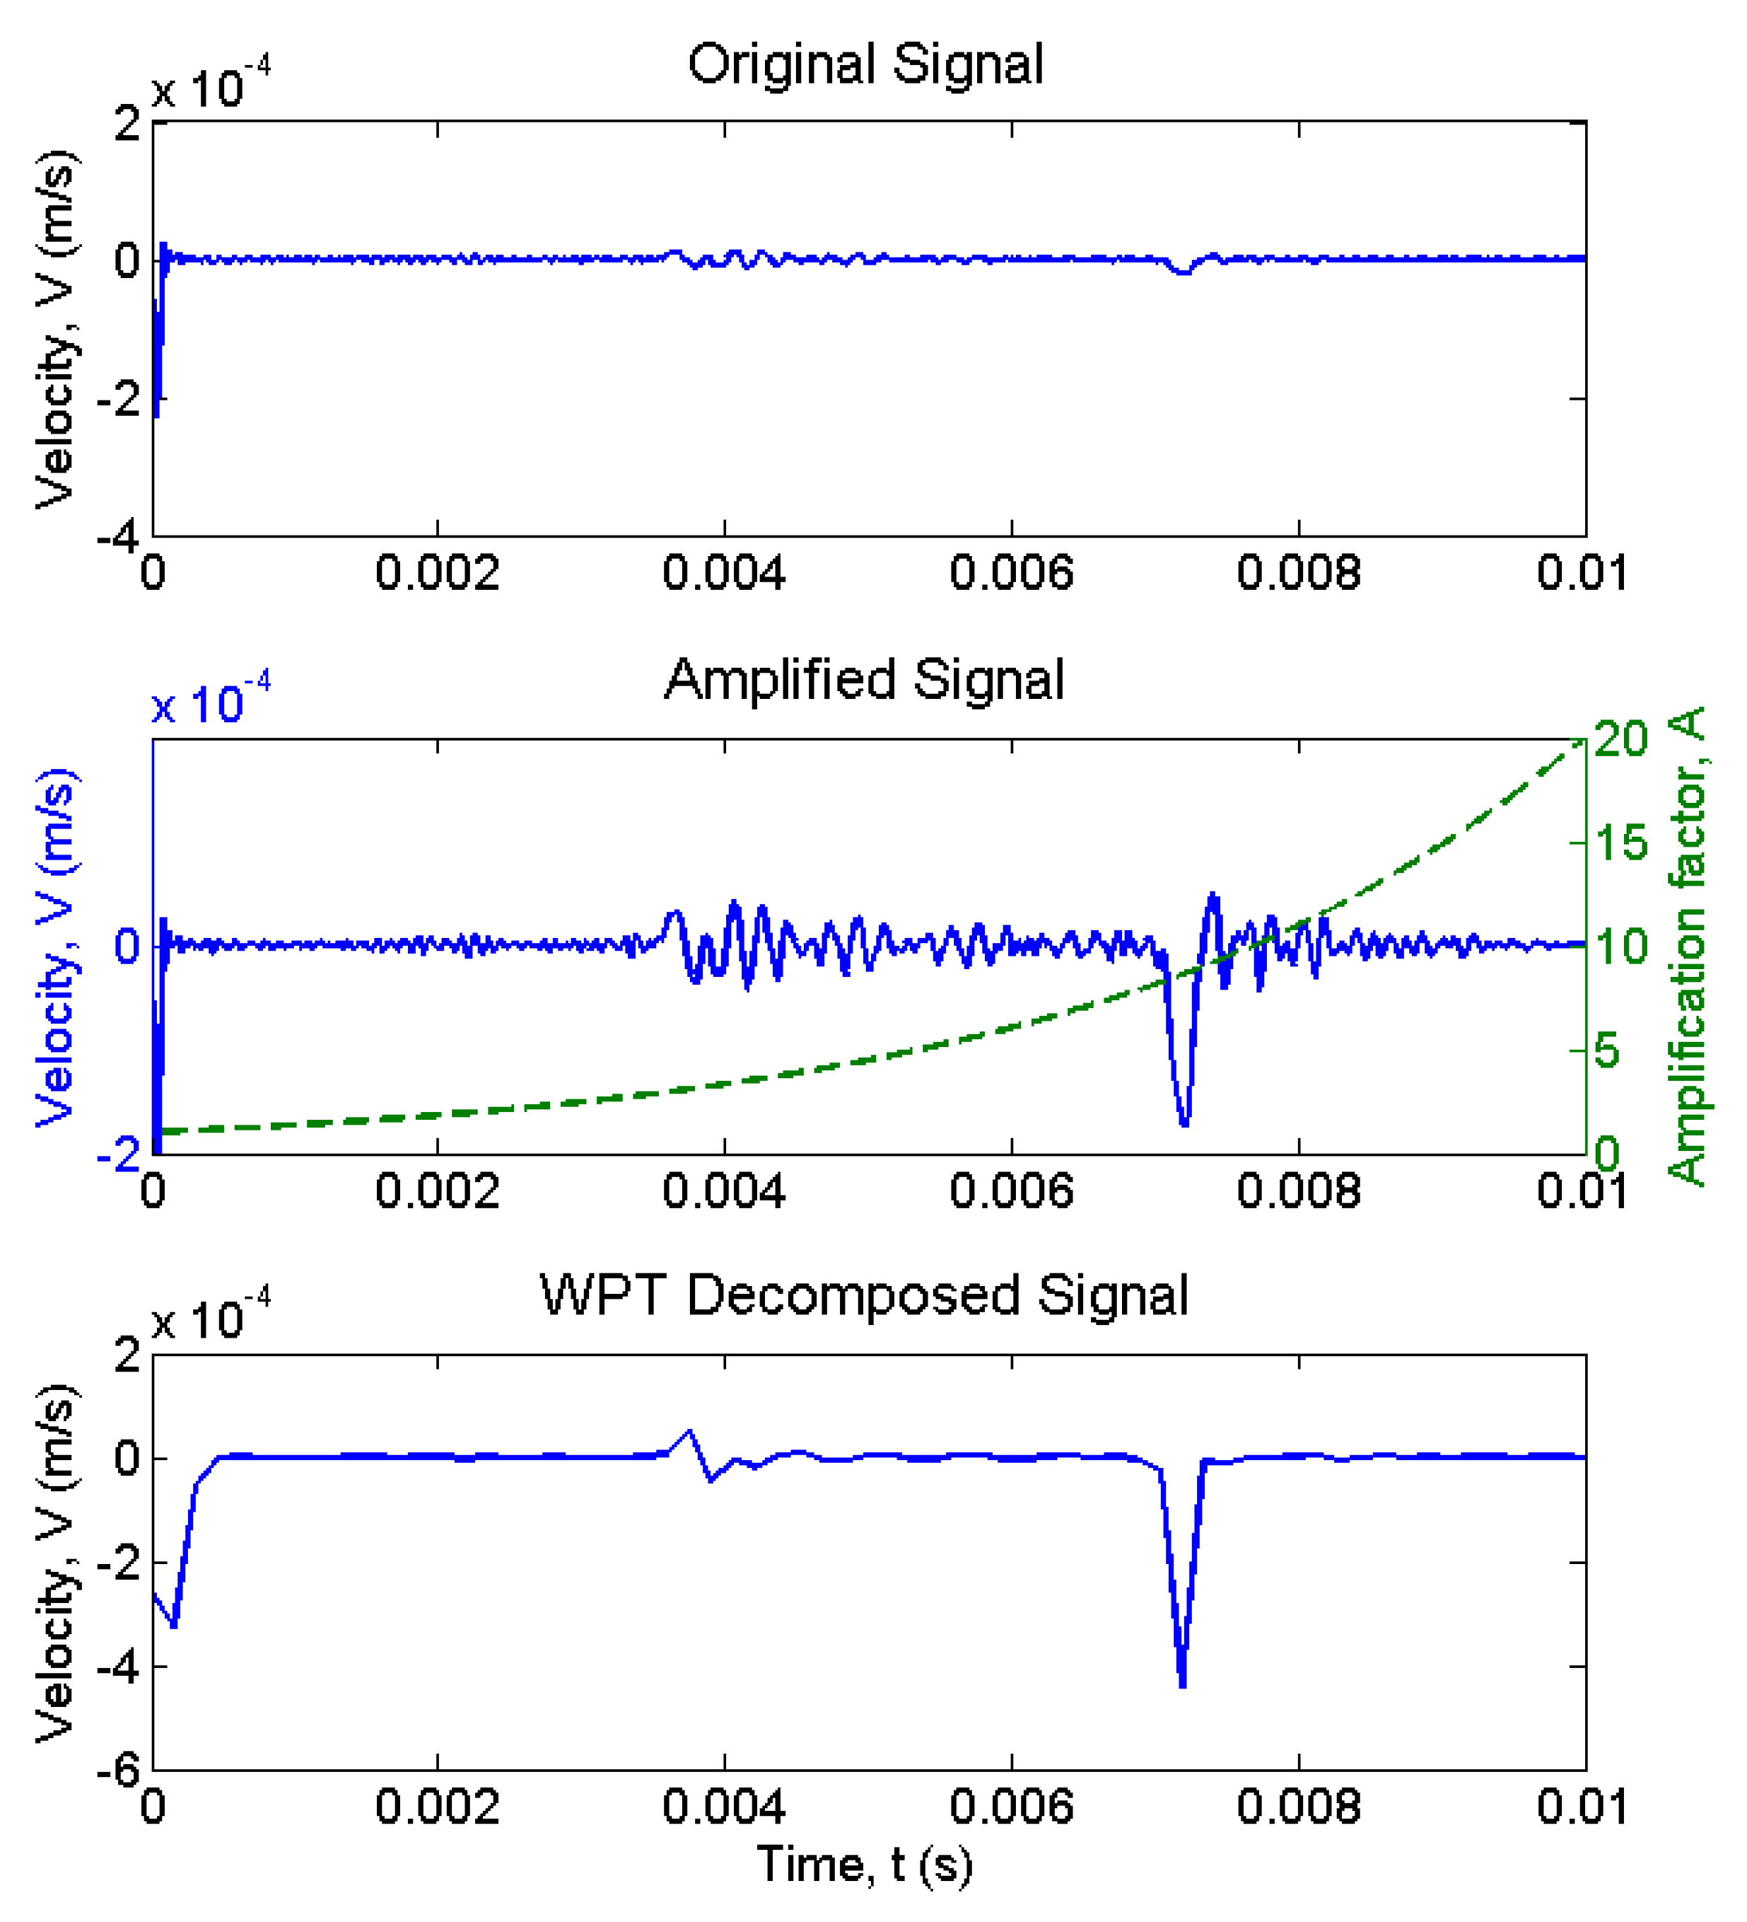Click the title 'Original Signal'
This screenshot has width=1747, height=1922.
(865, 65)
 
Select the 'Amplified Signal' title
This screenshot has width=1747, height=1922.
(863, 680)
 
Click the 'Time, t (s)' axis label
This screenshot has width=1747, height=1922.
(863, 1864)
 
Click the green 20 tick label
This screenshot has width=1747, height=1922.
(1620, 739)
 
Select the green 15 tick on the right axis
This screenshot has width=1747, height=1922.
(1620, 843)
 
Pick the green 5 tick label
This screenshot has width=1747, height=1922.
(1607, 1050)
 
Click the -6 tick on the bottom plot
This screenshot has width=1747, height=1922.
(118, 1771)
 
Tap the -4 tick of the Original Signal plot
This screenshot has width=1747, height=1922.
(118, 538)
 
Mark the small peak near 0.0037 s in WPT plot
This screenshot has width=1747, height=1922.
(689, 1432)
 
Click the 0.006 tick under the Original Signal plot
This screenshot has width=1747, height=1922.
(1011, 573)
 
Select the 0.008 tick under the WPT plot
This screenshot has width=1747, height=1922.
(1298, 1807)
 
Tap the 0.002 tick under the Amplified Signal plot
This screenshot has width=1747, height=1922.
(438, 1191)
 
